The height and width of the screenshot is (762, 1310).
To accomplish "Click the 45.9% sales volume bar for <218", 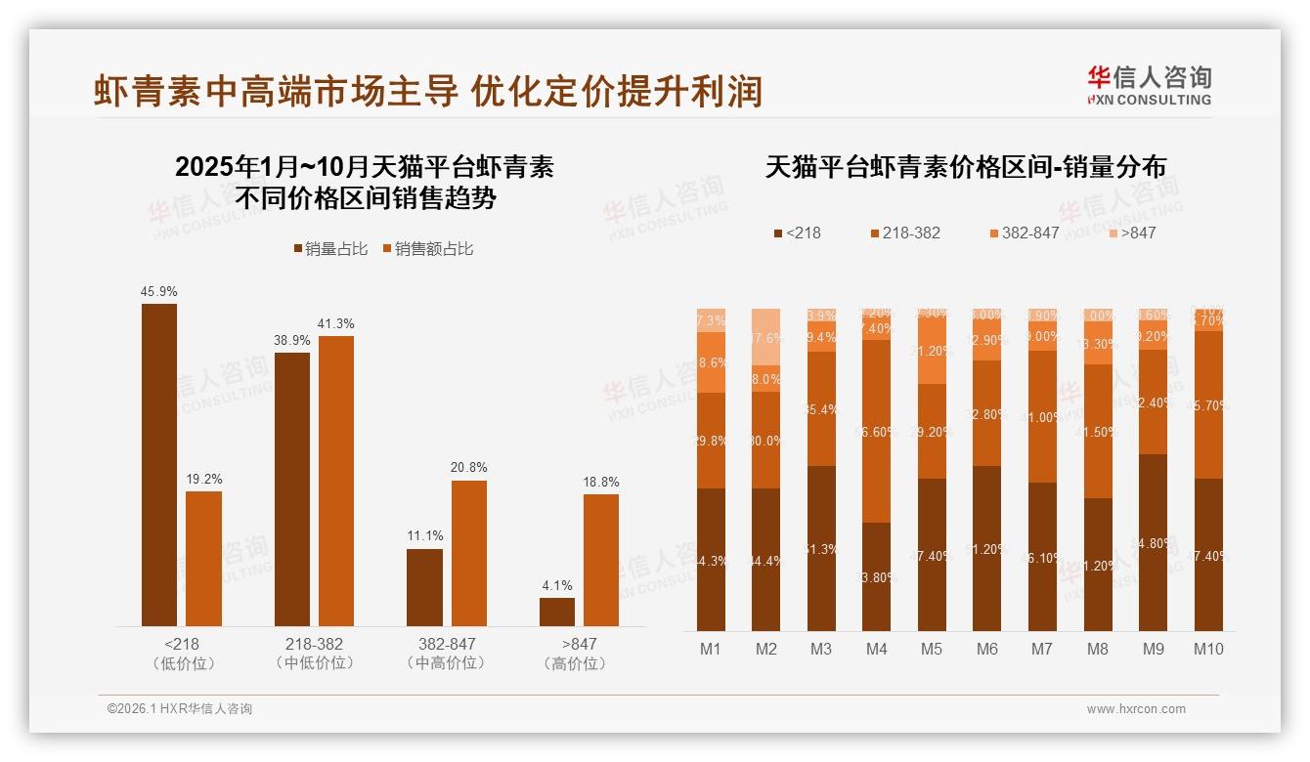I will (159, 465).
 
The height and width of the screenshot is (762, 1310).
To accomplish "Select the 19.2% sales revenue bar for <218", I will (203, 559).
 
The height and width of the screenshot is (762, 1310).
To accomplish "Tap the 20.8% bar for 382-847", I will (468, 553).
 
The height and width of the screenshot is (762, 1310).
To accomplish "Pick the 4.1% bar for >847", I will (557, 612).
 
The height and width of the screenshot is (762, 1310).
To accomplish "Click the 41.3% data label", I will (335, 323).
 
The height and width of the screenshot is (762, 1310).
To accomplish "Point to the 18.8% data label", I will (601, 482).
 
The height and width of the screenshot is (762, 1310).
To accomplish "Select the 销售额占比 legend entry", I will (427, 249).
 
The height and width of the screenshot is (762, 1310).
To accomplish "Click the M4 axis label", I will (876, 649).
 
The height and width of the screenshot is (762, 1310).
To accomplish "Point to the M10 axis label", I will (1208, 649).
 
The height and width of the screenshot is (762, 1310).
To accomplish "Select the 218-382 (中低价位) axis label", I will (315, 654).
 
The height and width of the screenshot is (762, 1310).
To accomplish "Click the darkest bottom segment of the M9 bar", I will (1153, 542).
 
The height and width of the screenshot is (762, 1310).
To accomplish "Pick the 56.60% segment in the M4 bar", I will (877, 431).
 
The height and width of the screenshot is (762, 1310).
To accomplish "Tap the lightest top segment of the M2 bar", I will (765, 336).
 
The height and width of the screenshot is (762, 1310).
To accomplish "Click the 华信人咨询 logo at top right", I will (1149, 85).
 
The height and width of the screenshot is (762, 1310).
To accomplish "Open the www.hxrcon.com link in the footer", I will (1136, 709).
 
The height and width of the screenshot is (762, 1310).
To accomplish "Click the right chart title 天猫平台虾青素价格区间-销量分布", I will (965, 167).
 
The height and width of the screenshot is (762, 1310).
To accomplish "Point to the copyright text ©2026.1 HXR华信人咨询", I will (180, 709).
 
